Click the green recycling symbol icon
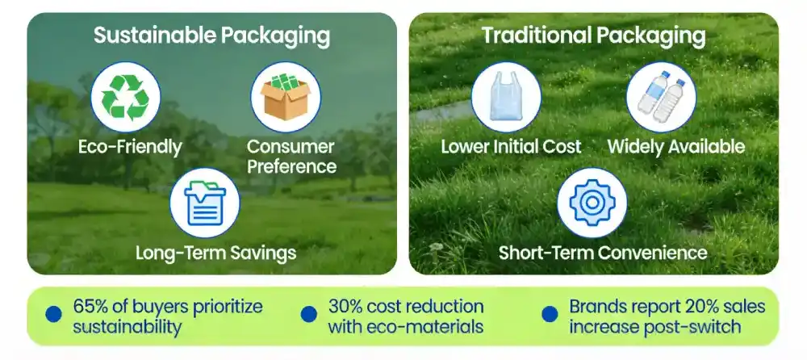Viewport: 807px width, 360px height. (125, 97)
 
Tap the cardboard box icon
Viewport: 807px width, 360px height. (286, 96)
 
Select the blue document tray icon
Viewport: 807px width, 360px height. (205, 203)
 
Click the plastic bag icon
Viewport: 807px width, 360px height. (506, 96)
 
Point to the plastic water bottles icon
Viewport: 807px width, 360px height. (662, 96)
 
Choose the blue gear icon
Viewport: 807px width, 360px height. (592, 203)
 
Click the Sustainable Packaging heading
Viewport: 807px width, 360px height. (211, 36)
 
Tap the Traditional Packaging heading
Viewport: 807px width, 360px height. (593, 36)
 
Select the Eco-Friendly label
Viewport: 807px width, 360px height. (130, 147)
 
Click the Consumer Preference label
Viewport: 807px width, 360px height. (291, 157)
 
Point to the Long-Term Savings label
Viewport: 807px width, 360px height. (215, 253)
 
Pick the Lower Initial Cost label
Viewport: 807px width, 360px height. (511, 147)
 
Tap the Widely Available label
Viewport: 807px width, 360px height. (676, 147)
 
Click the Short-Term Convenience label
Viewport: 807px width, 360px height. (603, 253)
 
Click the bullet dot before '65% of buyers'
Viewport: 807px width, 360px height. (53, 314)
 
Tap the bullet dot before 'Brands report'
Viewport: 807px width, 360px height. (550, 314)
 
